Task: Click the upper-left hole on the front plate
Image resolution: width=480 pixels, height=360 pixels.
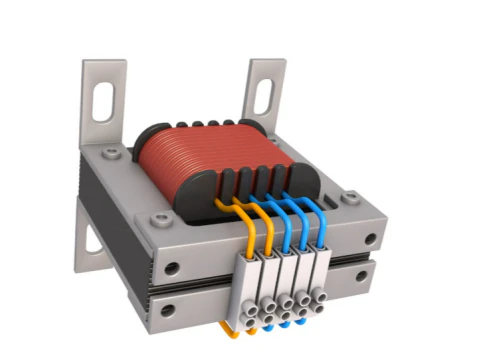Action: coord(172,268)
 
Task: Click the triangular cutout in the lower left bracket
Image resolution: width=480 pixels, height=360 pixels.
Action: coord(92,241)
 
